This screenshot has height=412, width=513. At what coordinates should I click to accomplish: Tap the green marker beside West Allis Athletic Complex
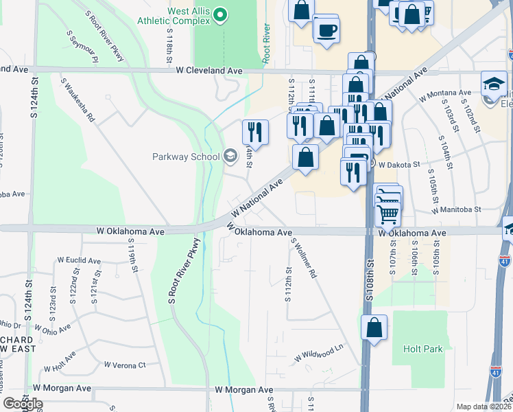220,14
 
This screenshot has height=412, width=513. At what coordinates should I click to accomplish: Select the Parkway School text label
185,157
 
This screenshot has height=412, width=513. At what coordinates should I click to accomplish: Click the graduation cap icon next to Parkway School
230,156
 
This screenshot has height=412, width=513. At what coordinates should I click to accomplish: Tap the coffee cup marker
326,31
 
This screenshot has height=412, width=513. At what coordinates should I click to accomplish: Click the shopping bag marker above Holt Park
374,328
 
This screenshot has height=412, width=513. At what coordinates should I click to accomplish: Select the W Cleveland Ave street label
209,71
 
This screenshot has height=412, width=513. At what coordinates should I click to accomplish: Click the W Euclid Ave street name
79,261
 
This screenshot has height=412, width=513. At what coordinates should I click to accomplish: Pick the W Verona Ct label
124,365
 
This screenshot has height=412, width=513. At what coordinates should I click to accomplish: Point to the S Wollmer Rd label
304,257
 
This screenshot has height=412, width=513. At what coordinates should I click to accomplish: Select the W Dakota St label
399,164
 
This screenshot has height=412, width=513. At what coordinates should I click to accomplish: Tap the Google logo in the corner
23,404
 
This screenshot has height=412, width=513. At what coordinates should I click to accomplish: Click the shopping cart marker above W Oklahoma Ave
388,214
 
